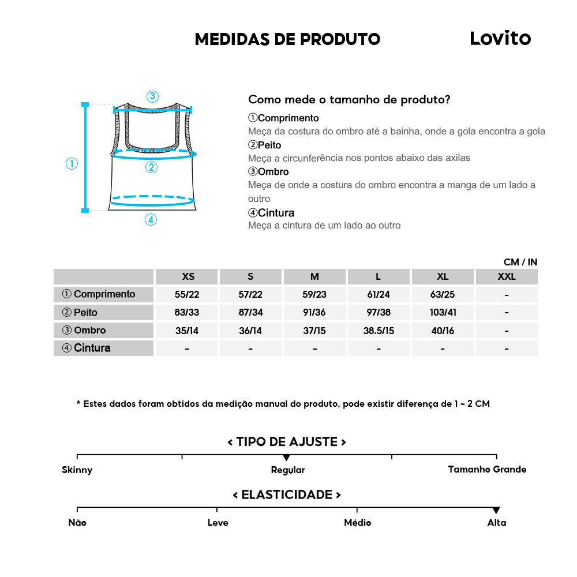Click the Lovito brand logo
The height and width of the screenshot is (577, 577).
(x=500, y=38)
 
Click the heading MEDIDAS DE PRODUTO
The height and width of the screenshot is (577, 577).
(x=287, y=39)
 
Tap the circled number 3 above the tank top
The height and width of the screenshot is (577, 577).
(x=152, y=96)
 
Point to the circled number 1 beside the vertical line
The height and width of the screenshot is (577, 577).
(x=72, y=164)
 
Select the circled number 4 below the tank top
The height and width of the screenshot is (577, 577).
(x=151, y=220)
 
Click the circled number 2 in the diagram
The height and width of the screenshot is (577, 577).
(x=151, y=167)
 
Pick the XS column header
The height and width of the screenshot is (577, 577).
(x=188, y=276)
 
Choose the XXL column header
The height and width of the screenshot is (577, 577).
(x=506, y=276)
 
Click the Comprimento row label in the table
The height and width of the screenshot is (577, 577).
(x=99, y=294)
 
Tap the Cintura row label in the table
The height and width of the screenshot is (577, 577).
(x=86, y=348)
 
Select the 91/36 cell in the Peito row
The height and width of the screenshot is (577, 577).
(x=314, y=312)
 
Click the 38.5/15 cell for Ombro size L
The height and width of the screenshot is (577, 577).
(x=379, y=331)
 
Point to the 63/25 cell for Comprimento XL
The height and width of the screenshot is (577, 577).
(x=443, y=294)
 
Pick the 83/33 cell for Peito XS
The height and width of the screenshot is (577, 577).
(x=187, y=312)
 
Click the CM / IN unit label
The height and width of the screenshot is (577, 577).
(x=520, y=262)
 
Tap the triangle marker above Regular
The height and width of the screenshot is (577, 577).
(x=287, y=458)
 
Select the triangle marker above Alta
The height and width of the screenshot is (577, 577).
(x=496, y=510)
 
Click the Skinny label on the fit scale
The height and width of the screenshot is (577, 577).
(x=77, y=470)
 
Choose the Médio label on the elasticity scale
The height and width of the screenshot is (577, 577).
(x=357, y=523)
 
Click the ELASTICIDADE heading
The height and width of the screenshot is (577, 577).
(x=287, y=495)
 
